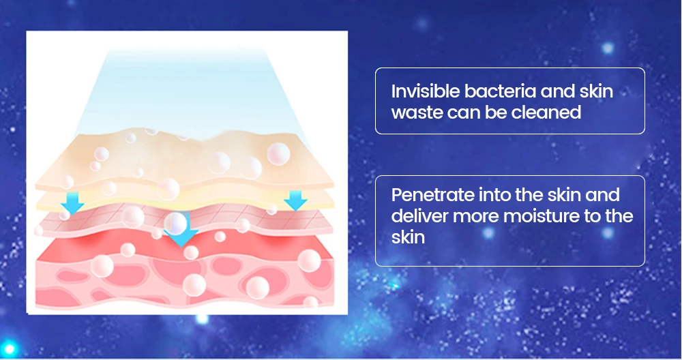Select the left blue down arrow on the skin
(72, 202)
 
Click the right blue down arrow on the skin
(295, 200)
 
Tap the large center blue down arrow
(181, 233)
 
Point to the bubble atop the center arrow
(175, 224)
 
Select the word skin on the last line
(408, 237)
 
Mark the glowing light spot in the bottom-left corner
(9, 348)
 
